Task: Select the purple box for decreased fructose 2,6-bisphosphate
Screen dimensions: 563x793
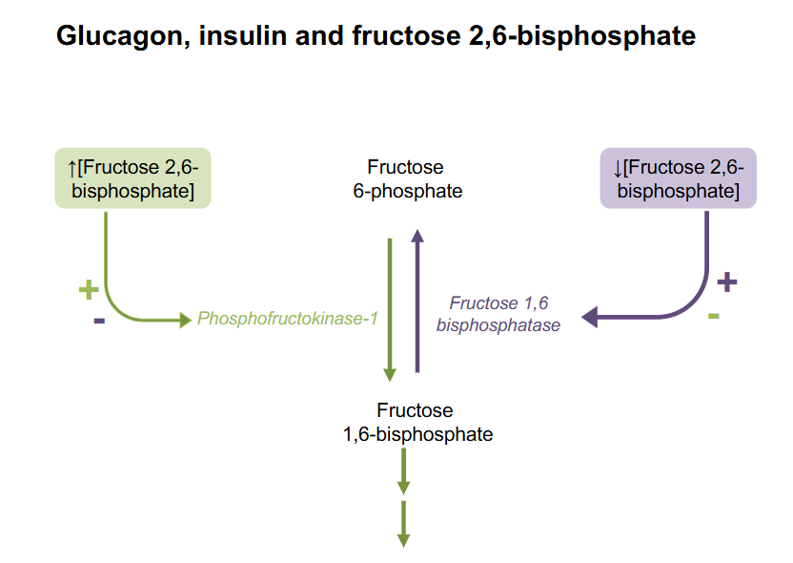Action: click(678, 179)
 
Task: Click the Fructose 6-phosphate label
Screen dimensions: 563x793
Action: click(405, 179)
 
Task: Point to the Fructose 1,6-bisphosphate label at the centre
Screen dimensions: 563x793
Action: click(417, 423)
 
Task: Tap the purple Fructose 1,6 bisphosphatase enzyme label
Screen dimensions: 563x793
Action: click(498, 314)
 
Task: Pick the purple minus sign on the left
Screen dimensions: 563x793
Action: click(99, 320)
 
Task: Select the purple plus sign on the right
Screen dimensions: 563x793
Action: click(726, 281)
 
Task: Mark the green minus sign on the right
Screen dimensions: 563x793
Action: click(714, 314)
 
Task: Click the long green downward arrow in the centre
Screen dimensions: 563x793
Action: click(390, 305)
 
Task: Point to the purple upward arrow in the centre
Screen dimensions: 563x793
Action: click(417, 301)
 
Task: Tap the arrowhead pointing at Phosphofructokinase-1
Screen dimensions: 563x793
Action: click(184, 320)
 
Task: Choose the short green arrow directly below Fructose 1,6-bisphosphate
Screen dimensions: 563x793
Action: click(403, 468)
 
